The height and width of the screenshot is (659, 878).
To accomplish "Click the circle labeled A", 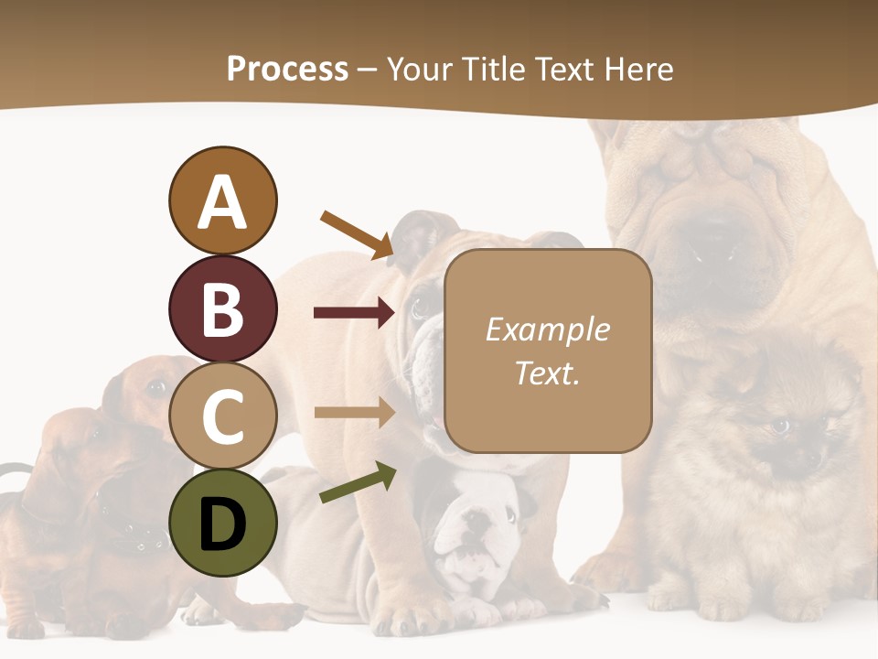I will tap(222, 200).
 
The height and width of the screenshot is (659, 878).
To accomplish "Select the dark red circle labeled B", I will tap(222, 308).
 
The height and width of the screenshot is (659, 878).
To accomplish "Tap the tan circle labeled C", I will tap(222, 416).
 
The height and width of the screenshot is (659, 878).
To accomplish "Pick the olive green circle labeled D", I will tap(222, 523).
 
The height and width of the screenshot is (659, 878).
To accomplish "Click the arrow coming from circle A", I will tap(357, 233).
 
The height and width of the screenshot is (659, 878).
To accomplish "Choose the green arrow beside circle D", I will tap(358, 483).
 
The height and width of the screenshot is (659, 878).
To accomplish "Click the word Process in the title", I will tap(287, 70).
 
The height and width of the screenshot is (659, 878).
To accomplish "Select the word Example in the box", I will tap(547, 329).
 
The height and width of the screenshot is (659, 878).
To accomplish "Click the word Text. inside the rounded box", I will tap(547, 373).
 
